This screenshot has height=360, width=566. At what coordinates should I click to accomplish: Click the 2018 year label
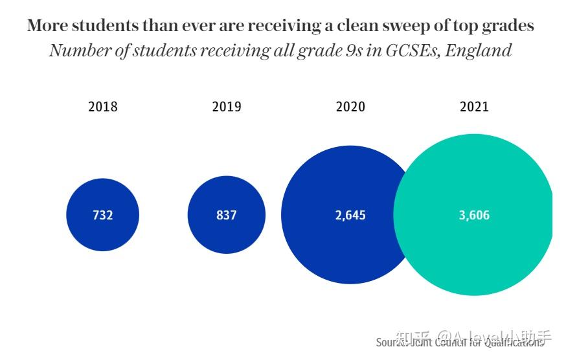coord(103,107)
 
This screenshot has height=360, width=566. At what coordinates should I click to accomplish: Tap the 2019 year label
coord(227,107)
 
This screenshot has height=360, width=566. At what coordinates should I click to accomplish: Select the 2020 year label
coord(350,107)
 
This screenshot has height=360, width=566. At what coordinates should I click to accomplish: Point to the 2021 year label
coord(474,107)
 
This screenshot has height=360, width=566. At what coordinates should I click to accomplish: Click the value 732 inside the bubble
coord(103,215)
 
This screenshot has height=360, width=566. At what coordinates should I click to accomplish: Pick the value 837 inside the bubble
coord(227,215)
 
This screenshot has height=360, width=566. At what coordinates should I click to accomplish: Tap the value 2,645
coord(350,215)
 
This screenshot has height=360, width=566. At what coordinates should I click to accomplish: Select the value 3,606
coord(474,215)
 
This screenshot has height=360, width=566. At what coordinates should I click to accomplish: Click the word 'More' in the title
coord(47,26)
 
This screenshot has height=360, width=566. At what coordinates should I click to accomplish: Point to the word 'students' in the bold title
coord(102,26)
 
